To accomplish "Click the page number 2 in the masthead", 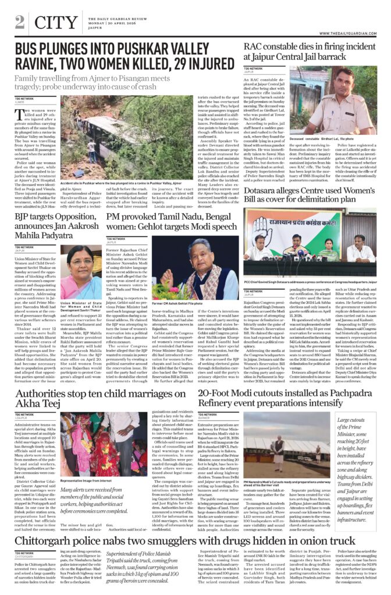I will pos(20,23).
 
